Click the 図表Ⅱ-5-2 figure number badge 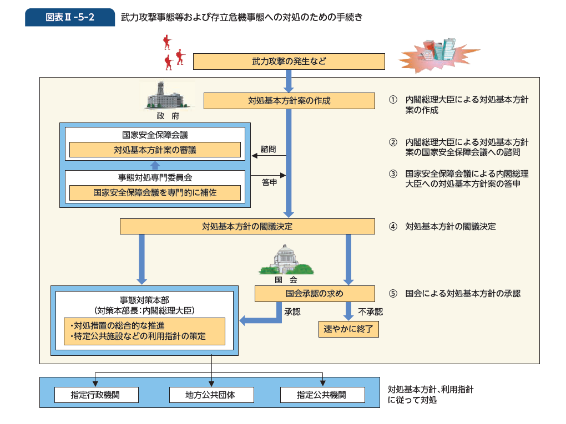point(70,17)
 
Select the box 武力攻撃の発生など point(289,61)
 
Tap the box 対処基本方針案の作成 point(289,101)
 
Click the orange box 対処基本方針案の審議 point(155,150)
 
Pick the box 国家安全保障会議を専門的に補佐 point(155,193)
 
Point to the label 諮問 point(269,149)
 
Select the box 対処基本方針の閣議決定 point(247,226)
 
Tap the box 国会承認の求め point(315,293)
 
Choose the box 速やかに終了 point(348,330)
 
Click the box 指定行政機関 point(95,395)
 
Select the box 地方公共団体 point(211,395)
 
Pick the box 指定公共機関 point(322,395)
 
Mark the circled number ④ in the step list point(393,227)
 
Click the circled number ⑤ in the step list point(393,294)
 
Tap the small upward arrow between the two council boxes point(155,165)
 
